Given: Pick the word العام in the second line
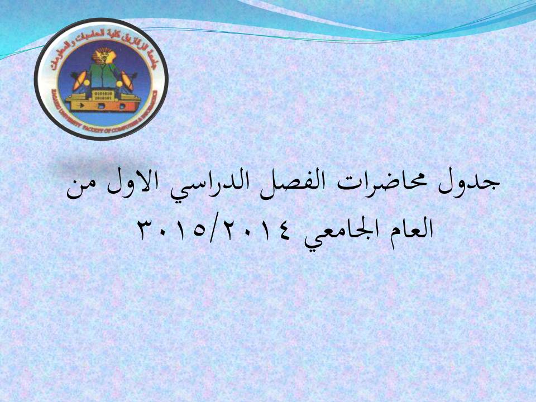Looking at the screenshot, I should pos(405,229).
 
